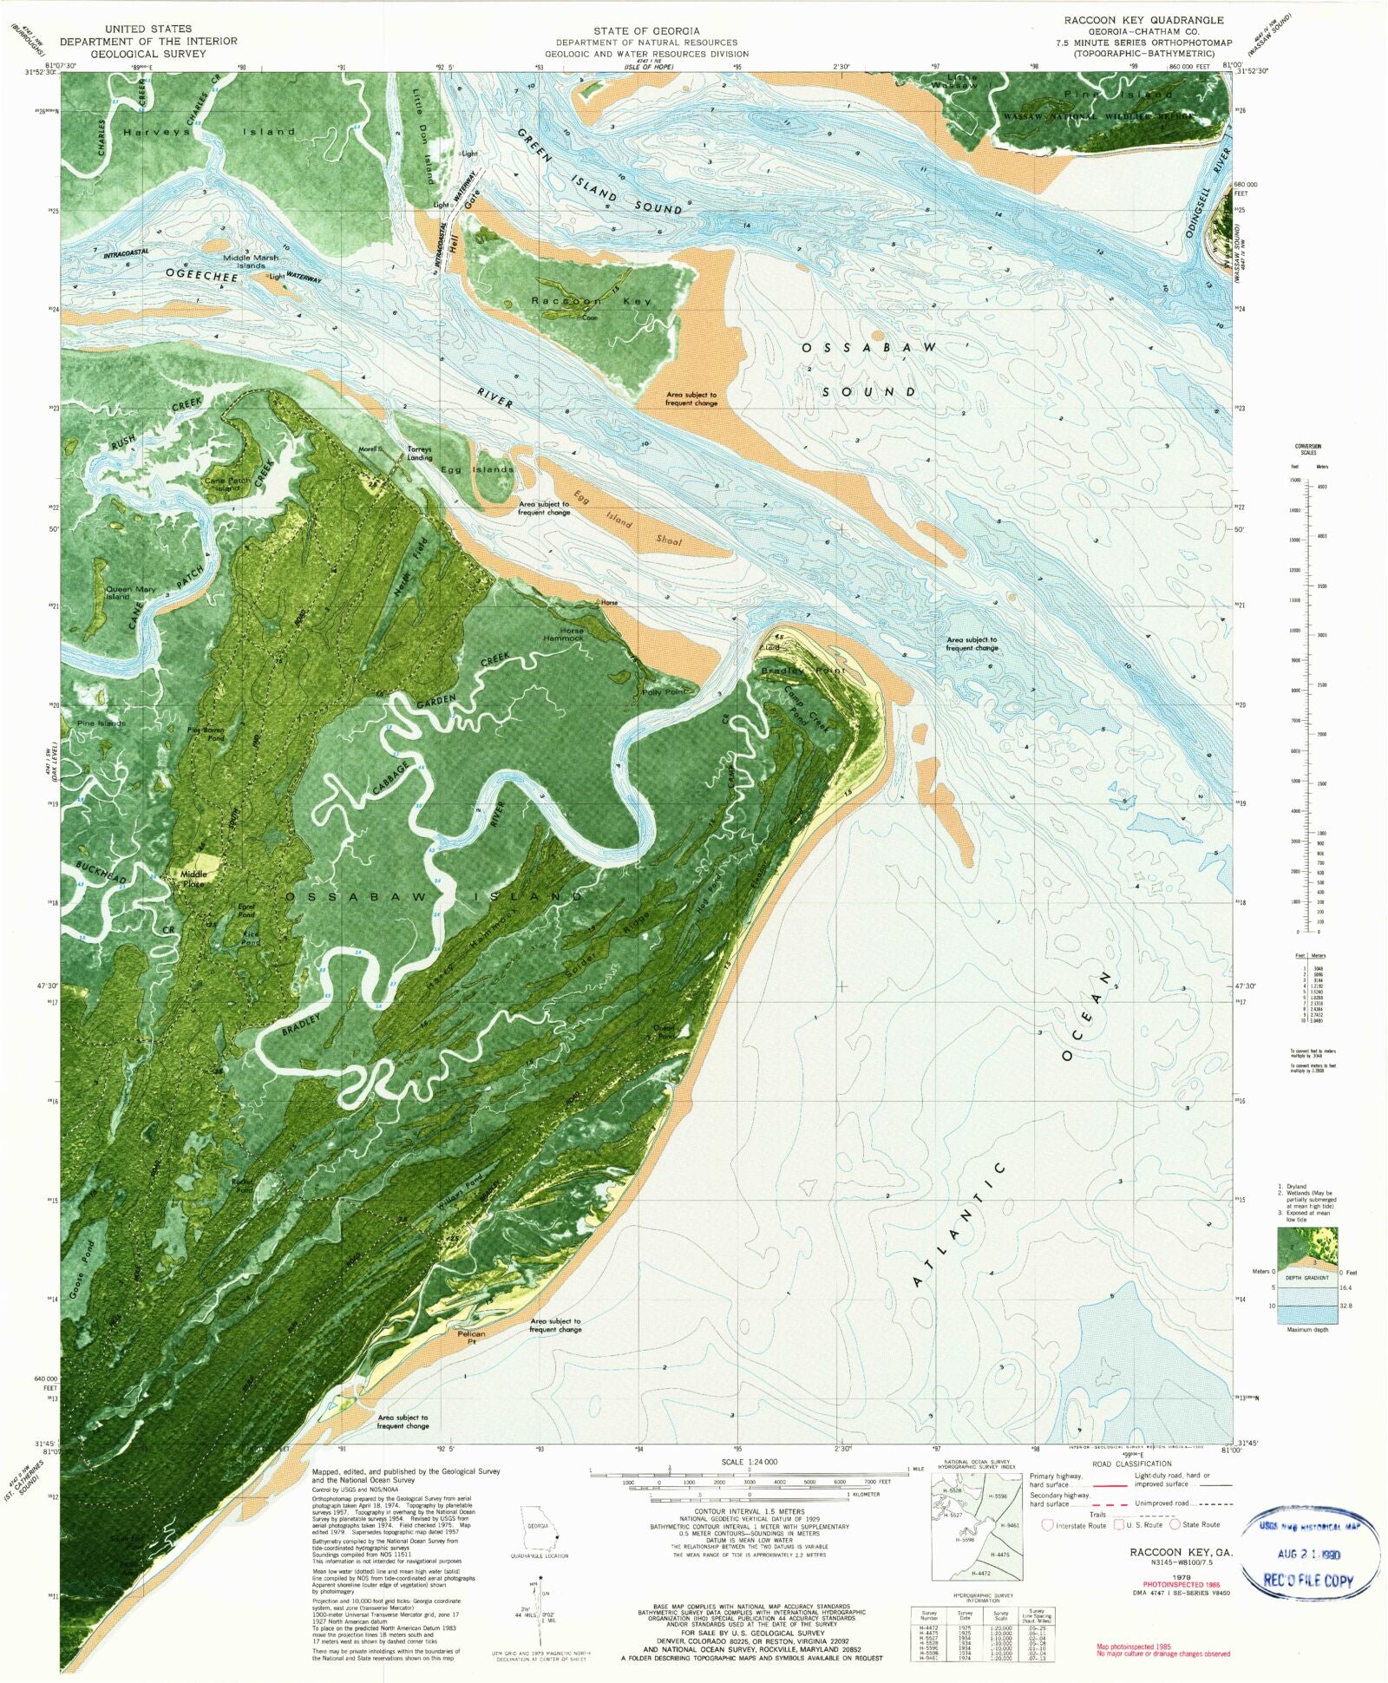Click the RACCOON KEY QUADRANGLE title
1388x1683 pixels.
point(1144,20)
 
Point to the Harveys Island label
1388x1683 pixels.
point(208,132)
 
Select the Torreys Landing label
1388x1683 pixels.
point(420,454)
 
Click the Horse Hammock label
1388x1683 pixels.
point(572,634)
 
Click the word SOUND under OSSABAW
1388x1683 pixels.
point(869,392)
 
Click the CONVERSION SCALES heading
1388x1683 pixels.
point(1308,449)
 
